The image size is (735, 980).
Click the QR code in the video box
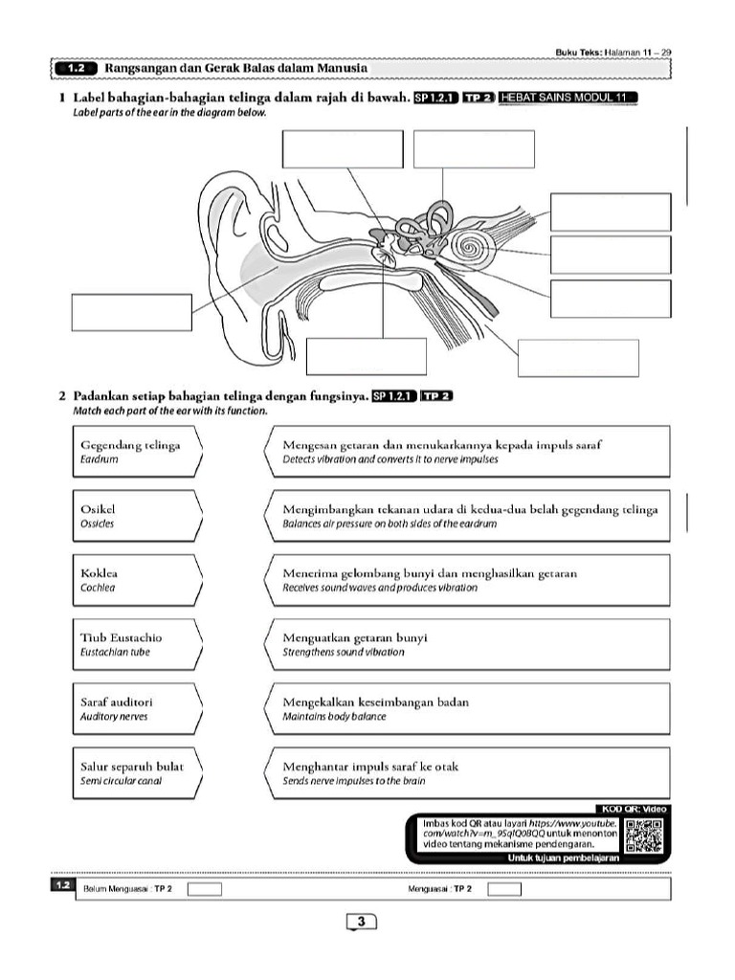click(x=643, y=835)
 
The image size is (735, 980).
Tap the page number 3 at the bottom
click(x=362, y=922)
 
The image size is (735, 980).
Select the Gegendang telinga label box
click(x=138, y=452)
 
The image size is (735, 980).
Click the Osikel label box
click(x=138, y=516)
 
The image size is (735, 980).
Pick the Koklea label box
click(x=138, y=580)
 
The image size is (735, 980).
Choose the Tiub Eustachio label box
click(x=138, y=644)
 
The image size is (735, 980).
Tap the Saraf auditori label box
click(x=138, y=708)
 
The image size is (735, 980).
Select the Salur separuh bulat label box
click(x=138, y=773)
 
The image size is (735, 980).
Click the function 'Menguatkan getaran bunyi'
click(x=465, y=644)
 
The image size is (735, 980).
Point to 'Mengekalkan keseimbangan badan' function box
click(x=465, y=708)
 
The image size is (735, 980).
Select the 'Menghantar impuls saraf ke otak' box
click(x=465, y=773)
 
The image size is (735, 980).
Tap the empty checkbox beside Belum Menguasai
click(x=205, y=889)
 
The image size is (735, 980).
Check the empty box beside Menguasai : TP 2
click(x=504, y=889)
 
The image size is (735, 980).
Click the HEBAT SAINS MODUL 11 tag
click(x=568, y=98)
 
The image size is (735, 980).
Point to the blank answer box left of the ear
click(x=131, y=312)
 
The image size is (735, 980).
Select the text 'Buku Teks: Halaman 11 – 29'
click(x=612, y=52)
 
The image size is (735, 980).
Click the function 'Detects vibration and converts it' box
click(x=465, y=452)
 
